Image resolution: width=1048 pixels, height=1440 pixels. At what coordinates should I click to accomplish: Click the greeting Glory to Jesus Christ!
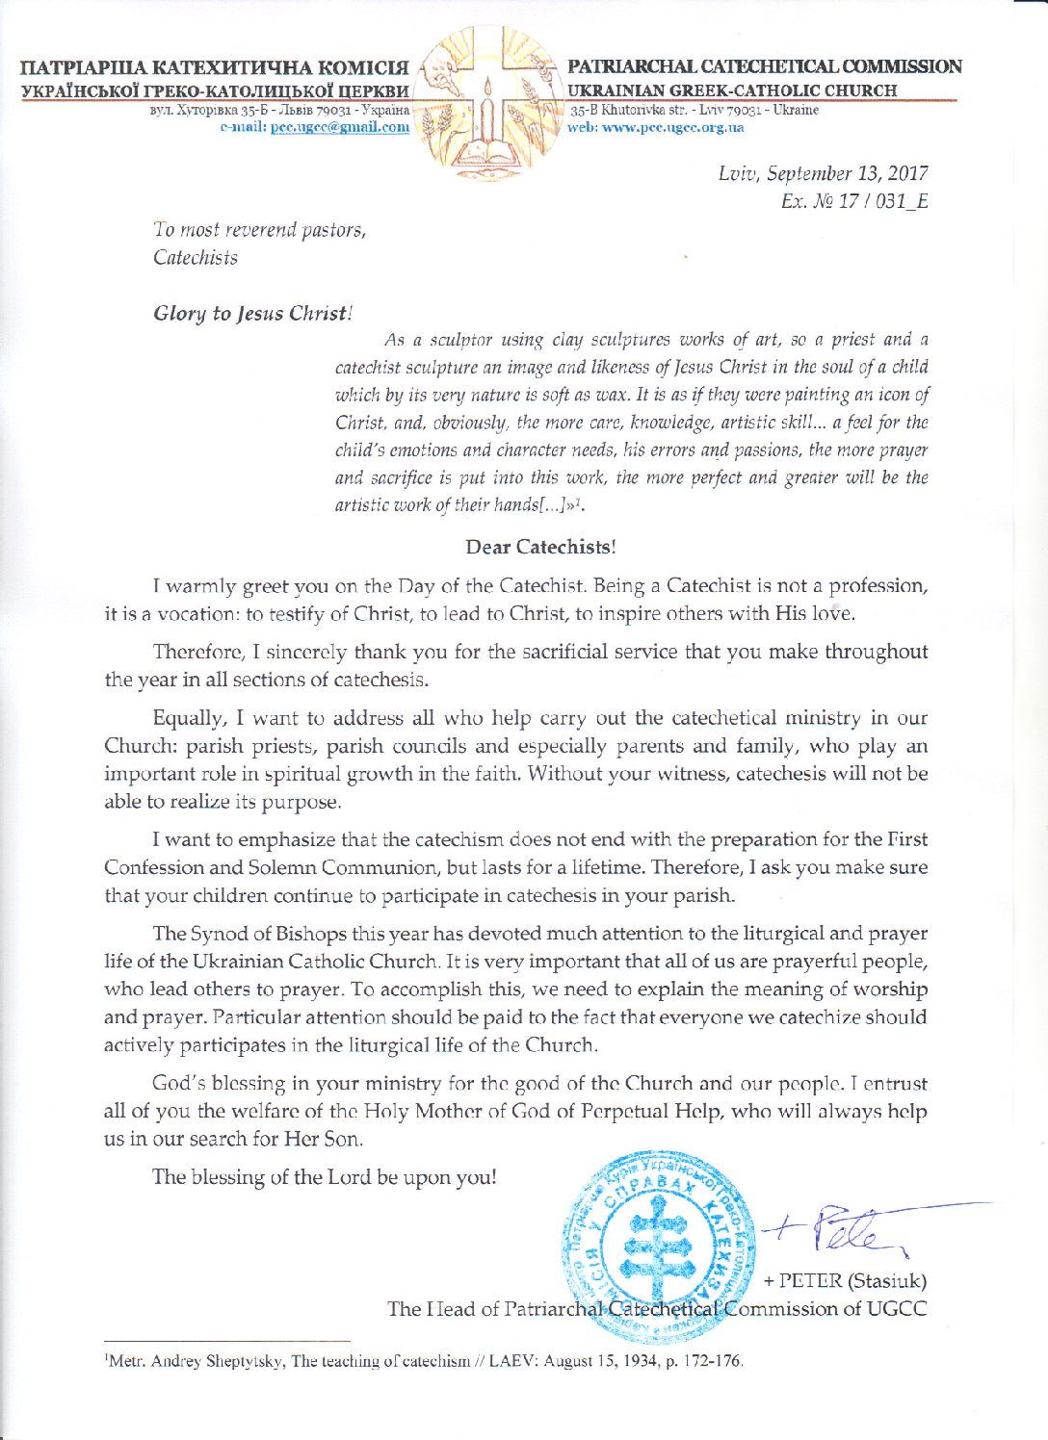click(253, 313)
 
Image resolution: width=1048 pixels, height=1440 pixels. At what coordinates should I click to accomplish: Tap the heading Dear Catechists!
click(540, 547)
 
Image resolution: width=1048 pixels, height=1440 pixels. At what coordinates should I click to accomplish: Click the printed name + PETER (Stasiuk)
click(845, 1280)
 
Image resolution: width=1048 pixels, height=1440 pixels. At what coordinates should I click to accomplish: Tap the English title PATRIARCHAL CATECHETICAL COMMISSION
click(764, 66)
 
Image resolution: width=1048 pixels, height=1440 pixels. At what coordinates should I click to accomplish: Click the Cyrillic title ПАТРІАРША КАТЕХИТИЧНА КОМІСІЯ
click(214, 68)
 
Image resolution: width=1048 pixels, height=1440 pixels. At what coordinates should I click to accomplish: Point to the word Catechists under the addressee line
click(196, 258)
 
